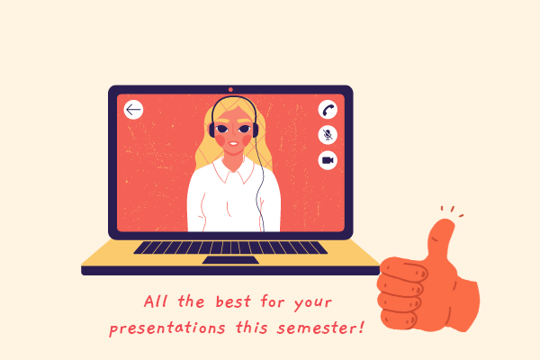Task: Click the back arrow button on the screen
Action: coord(133,110)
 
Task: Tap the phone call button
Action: coord(328,110)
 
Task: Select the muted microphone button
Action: coord(328,135)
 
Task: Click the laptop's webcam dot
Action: coord(230,90)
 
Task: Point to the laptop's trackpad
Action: coord(230,260)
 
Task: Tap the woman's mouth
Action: coord(233,144)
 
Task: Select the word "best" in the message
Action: coord(233,301)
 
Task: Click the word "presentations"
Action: coord(167,328)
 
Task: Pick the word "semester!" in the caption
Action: coord(320,328)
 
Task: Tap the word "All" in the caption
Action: coord(156,301)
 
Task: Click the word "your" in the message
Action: coord(312,303)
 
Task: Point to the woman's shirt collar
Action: coord(233,169)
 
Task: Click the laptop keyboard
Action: coord(230,247)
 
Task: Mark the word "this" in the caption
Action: coord(252,327)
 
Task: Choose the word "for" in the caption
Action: coord(273,301)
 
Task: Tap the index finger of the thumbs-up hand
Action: coord(403,268)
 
